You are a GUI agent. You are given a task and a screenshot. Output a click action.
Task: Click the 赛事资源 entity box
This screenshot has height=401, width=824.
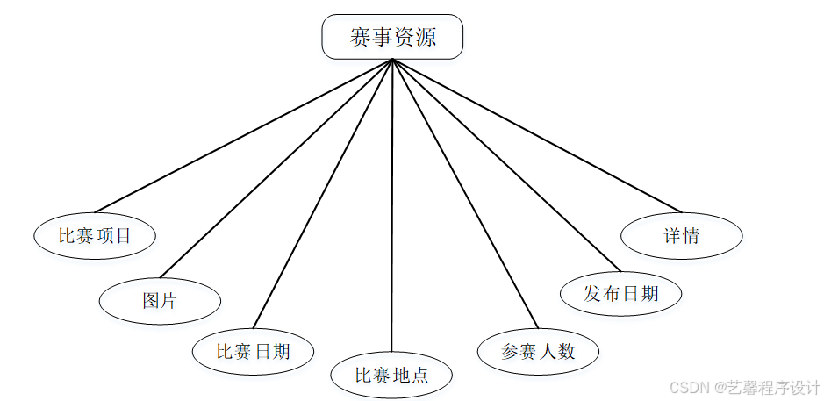pyautogui.click(x=392, y=37)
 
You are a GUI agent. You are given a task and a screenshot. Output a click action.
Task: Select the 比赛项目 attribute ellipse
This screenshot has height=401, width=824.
pyautogui.click(x=95, y=235)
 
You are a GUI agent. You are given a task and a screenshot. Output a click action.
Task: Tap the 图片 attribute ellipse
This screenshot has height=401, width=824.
pyautogui.click(x=160, y=301)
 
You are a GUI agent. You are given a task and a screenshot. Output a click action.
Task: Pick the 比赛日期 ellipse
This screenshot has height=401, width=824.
pyautogui.click(x=254, y=351)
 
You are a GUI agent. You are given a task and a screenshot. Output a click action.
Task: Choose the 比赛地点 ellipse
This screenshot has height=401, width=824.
pyautogui.click(x=391, y=376)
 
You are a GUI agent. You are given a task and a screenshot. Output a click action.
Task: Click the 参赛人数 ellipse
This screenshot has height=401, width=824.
pyautogui.click(x=538, y=351)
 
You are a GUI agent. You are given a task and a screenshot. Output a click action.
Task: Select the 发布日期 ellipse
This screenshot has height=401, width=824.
pyautogui.click(x=621, y=293)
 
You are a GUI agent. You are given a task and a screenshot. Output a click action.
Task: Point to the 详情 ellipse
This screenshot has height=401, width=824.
pyautogui.click(x=682, y=235)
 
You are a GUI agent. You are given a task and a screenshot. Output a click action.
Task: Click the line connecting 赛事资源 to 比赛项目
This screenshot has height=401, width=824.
pyautogui.click(x=243, y=136)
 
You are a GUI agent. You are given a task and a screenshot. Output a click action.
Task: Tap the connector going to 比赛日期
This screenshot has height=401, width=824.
pyautogui.click(x=322, y=194)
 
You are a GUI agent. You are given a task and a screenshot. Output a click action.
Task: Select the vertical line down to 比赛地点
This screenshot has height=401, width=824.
pyautogui.click(x=392, y=211)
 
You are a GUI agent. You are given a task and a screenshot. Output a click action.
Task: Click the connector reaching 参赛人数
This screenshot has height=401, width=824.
pyautogui.click(x=464, y=194)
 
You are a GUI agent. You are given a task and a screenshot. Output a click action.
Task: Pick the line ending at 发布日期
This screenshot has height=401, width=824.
pyautogui.click(x=506, y=166)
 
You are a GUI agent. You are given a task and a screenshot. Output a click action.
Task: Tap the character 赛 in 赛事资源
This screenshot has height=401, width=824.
pyautogui.click(x=360, y=38)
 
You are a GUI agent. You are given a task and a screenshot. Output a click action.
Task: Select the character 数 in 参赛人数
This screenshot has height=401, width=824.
pyautogui.click(x=566, y=351)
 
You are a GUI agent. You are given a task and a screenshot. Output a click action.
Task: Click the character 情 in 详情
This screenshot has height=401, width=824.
pyautogui.click(x=691, y=235)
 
